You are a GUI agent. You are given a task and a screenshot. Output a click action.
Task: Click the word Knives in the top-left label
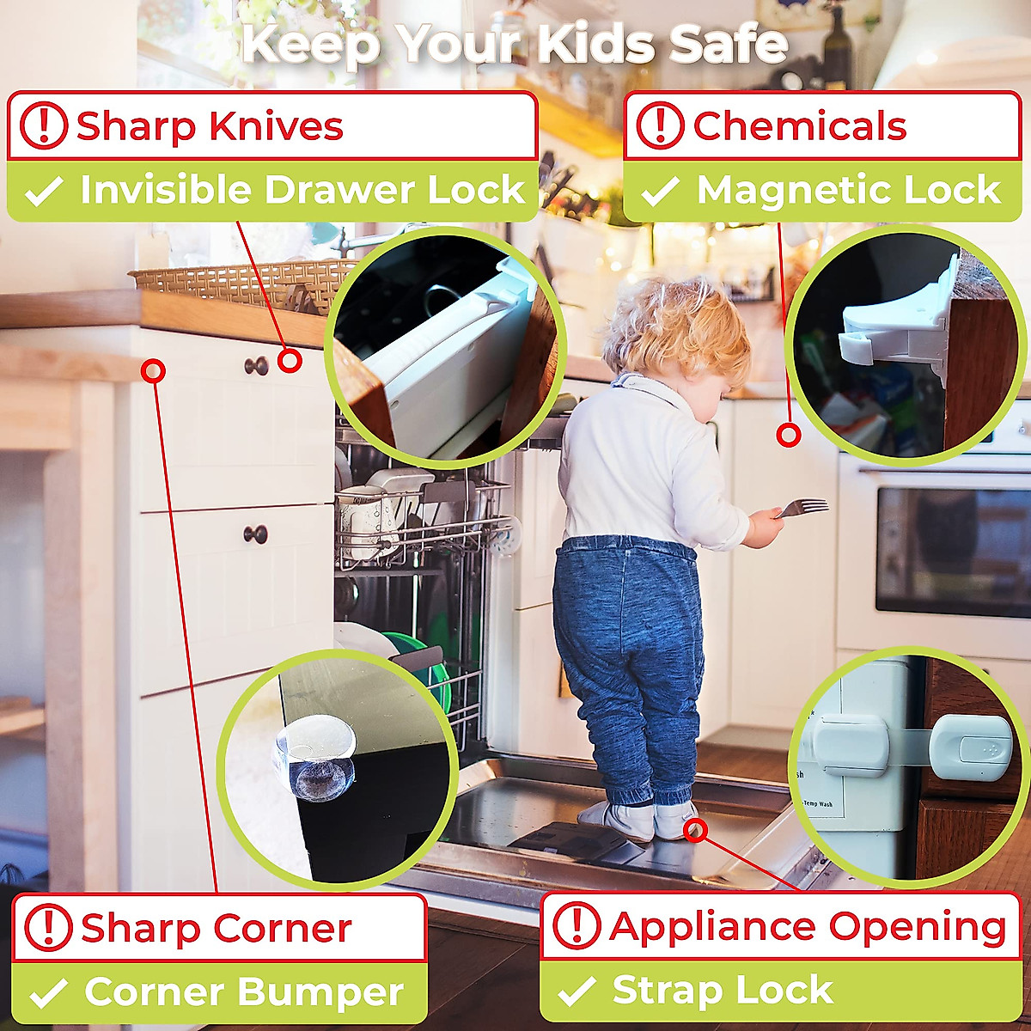[x=276, y=127]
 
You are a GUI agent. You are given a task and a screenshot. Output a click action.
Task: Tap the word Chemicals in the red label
[x=799, y=127]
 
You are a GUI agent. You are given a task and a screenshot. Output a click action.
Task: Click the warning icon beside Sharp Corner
[x=48, y=928]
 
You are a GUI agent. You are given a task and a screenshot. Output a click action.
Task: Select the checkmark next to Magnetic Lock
[x=660, y=191]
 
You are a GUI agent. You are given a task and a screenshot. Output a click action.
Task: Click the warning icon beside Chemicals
[x=660, y=126]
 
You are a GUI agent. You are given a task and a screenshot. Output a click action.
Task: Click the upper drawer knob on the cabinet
[x=256, y=366]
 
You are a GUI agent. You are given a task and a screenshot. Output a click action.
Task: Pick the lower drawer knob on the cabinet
[x=255, y=534]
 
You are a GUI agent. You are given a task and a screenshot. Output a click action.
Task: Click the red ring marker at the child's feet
[x=697, y=830]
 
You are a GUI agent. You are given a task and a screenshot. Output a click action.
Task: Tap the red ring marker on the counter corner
[x=154, y=371]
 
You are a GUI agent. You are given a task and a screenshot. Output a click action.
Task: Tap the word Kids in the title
[x=600, y=45]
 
